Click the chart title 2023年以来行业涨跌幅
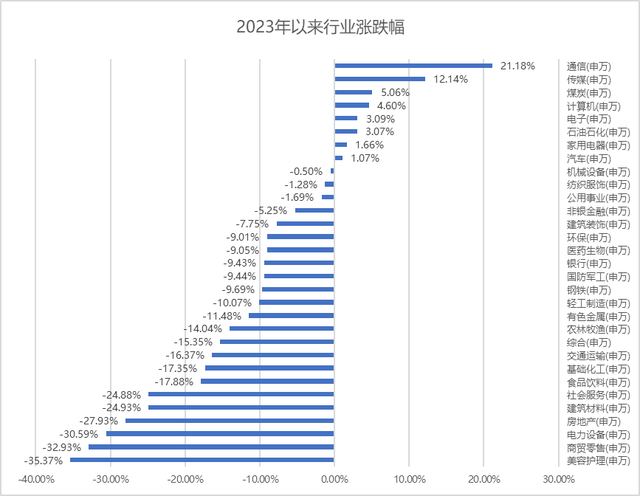pos(320,27)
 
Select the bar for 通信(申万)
pos(413,66)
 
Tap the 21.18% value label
pos(517,66)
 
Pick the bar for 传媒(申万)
pos(380,79)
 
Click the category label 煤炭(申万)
pos(589,93)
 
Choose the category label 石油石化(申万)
pos(599,132)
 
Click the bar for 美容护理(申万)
pos(202,460)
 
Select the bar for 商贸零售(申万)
pos(211,447)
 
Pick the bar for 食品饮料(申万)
pos(267,382)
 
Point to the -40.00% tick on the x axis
pos(35,480)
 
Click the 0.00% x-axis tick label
pos(334,480)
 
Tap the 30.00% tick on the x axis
pos(558,480)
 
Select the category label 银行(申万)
pos(589,263)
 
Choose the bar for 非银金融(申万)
pos(314,210)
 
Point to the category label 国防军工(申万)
pos(599,277)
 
